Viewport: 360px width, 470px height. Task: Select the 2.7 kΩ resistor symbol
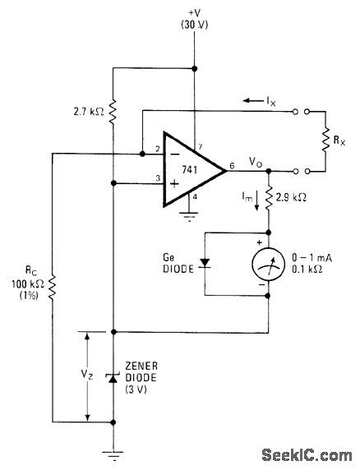113,107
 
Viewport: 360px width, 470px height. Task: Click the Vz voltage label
73,374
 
